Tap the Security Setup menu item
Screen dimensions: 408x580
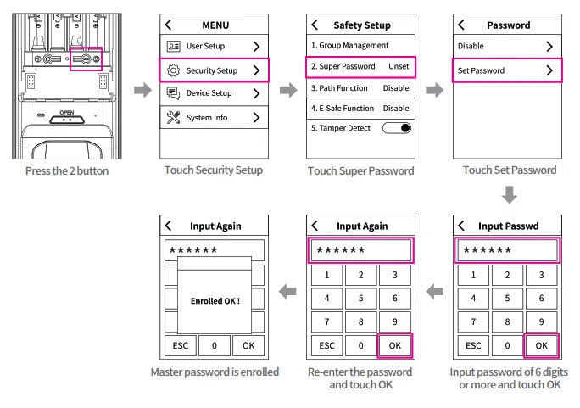pyautogui.click(x=215, y=70)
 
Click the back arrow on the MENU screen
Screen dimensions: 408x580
pyautogui.click(x=168, y=25)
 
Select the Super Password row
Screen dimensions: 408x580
pyautogui.click(x=360, y=66)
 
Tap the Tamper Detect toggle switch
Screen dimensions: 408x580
pyautogui.click(x=396, y=128)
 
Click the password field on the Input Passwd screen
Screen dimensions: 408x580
pyautogui.click(x=508, y=250)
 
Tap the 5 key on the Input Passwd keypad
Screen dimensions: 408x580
pyautogui.click(x=507, y=299)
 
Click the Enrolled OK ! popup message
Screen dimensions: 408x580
pyautogui.click(x=215, y=300)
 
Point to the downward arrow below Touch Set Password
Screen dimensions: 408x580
pyautogui.click(x=509, y=196)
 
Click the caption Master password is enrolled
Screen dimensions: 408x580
pyautogui.click(x=215, y=372)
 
